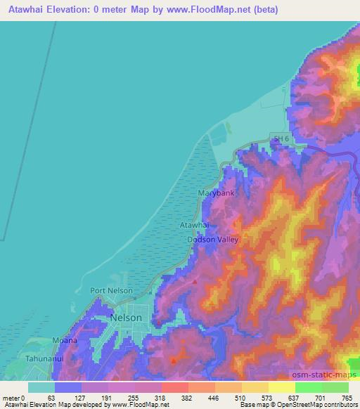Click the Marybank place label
pyautogui.click(x=216, y=193)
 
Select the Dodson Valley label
pyautogui.click(x=213, y=240)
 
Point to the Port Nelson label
pyautogui.click(x=112, y=290)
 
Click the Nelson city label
pyautogui.click(x=126, y=318)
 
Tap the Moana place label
pyautogui.click(x=65, y=340)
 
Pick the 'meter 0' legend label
pyautogui.click(x=13, y=398)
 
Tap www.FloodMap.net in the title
pyautogui.click(x=212, y=10)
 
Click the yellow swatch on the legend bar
pyautogui.click(x=255, y=387)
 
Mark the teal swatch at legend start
pyautogui.click(x=41, y=387)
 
